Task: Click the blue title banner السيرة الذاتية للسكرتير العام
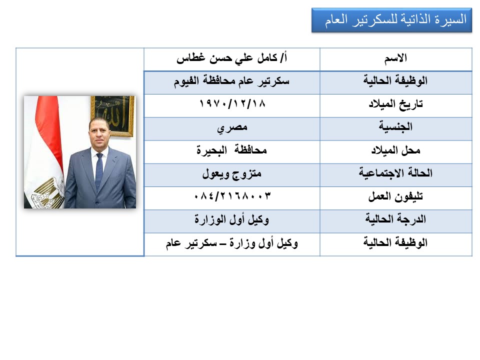(x=391, y=20)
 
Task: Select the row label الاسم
(x=395, y=58)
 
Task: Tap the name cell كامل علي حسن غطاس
(x=231, y=58)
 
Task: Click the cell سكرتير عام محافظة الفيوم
(x=231, y=81)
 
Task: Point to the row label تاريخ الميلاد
(x=395, y=104)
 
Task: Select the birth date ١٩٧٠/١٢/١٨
(x=232, y=104)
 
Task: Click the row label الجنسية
(x=395, y=126)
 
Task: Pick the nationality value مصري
(x=232, y=128)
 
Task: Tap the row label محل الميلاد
(x=395, y=150)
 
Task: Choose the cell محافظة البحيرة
(x=231, y=150)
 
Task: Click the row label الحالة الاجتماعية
(x=395, y=173)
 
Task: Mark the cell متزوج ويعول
(x=231, y=174)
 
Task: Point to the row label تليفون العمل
(x=395, y=196)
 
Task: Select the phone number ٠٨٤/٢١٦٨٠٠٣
(x=232, y=196)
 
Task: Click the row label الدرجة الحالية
(x=395, y=219)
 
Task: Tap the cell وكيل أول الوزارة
(x=231, y=219)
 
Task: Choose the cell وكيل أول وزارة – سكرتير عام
(x=231, y=243)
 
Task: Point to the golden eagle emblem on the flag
(x=48, y=191)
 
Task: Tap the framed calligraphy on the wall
(x=112, y=115)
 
